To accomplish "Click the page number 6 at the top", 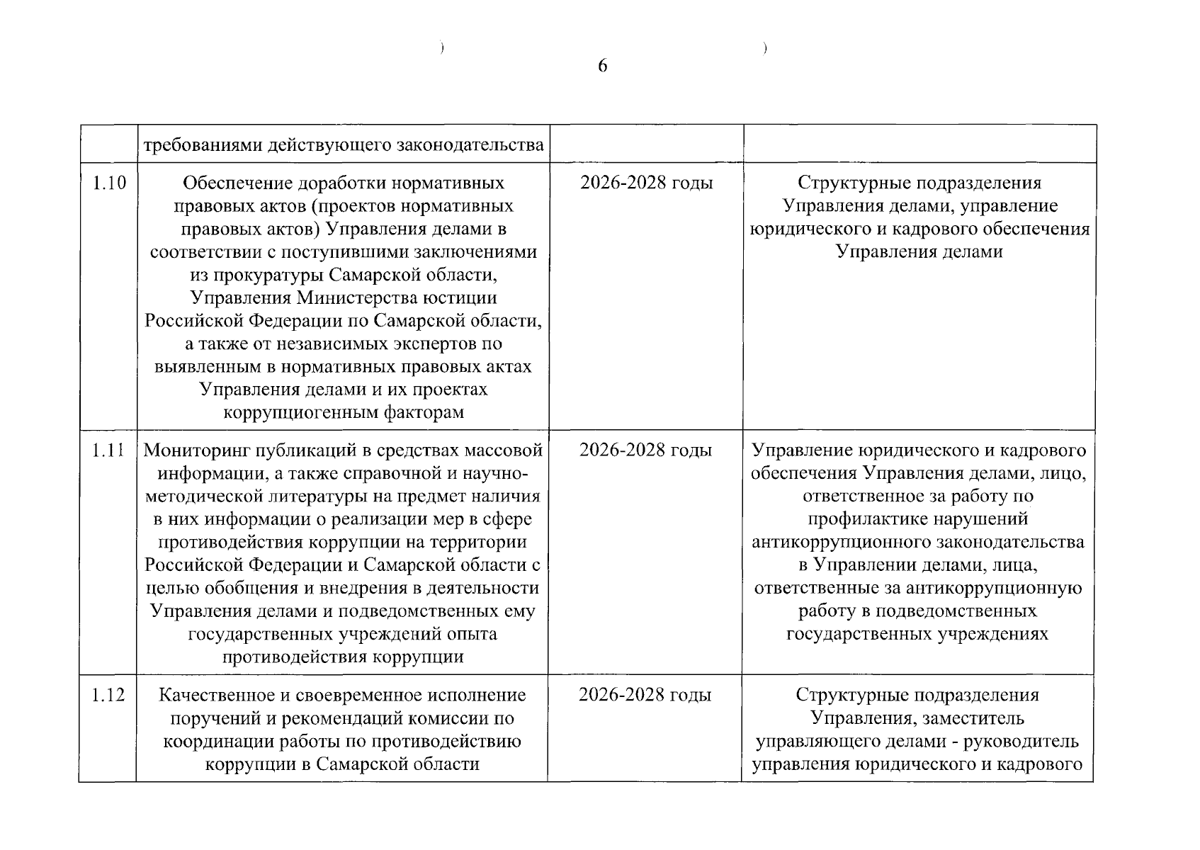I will tap(602, 67).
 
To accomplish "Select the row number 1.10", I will tap(109, 183).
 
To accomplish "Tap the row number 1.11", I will tap(108, 450).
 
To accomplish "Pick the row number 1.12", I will tap(108, 695).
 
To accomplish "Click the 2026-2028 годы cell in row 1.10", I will tap(646, 183).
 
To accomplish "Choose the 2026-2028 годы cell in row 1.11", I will tap(645, 450).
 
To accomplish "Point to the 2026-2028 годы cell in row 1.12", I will tap(645, 695).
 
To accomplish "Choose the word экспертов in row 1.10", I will tap(414, 344).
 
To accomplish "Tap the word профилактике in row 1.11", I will tap(867, 519).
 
